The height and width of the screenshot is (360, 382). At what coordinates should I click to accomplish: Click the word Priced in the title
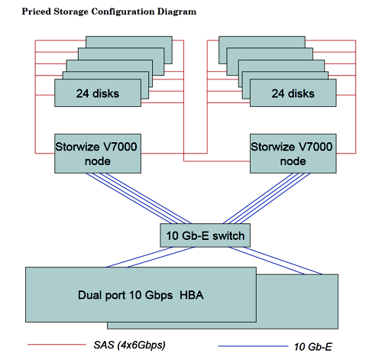(x=36, y=11)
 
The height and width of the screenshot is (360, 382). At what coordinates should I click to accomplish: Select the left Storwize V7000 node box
(x=98, y=154)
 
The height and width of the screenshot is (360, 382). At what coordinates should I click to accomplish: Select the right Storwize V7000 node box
(x=293, y=154)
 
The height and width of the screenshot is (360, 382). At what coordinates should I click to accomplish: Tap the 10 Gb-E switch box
(x=206, y=235)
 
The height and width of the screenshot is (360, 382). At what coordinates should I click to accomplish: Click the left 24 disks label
(x=98, y=93)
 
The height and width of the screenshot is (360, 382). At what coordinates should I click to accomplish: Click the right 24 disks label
(x=293, y=93)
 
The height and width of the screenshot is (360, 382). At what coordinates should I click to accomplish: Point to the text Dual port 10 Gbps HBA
(x=141, y=295)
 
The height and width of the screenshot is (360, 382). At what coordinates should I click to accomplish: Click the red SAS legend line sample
(x=57, y=345)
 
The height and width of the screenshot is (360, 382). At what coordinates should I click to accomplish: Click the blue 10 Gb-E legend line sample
(x=253, y=346)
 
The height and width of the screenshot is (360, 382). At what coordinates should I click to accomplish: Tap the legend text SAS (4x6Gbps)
(x=130, y=345)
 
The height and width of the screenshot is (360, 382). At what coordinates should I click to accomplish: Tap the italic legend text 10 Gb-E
(x=313, y=347)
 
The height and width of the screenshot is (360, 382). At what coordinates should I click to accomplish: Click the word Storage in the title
(x=71, y=11)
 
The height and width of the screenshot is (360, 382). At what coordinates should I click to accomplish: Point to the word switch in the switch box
(x=228, y=235)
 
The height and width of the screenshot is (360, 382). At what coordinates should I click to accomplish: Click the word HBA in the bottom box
(x=192, y=295)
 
